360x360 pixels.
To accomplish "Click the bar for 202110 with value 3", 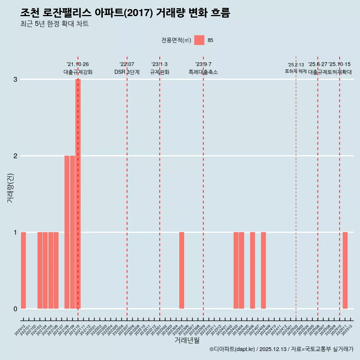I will point(78,194).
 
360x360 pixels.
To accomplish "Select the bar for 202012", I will point(23,270).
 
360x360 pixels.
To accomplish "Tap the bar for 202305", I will point(181,270).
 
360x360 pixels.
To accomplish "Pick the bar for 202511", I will point(345,270).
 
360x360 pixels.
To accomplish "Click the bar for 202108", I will point(67,232).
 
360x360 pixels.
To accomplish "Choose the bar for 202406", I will point(252,270).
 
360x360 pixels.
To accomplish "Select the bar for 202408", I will point(263,270).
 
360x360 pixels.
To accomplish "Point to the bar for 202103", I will point(40,270).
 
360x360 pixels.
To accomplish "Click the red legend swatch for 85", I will point(199,40).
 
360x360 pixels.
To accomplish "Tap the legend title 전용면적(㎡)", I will point(176,40).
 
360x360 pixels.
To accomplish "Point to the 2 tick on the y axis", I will point(15,156).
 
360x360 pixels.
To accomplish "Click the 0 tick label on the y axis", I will point(15,309).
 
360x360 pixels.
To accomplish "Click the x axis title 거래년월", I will point(187,340).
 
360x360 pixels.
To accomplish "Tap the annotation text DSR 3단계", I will point(127,72).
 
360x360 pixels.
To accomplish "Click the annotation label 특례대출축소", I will point(203,72).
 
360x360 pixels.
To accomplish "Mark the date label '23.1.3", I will point(159,64).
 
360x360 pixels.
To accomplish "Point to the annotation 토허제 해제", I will point(296,71).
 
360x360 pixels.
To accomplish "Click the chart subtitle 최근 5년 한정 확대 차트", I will point(54,24).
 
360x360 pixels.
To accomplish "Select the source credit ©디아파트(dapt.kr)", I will point(232,349).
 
